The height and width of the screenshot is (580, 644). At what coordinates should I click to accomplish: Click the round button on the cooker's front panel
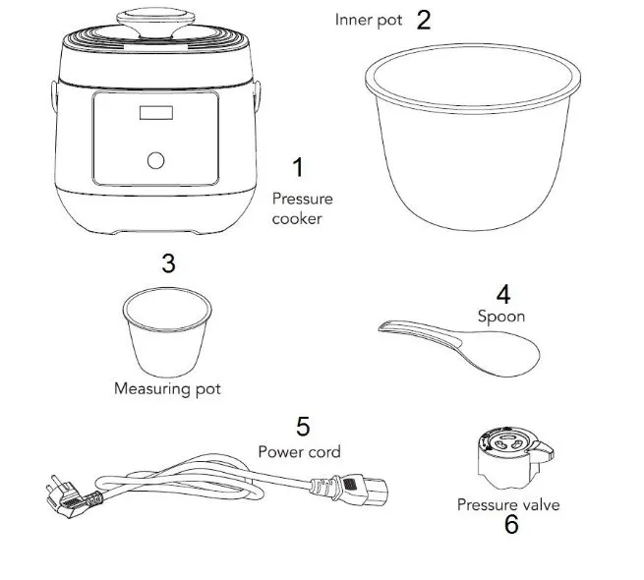155,160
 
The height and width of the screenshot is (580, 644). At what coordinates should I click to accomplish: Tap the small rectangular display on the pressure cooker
156,112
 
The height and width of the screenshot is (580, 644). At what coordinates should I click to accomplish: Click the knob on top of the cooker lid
155,23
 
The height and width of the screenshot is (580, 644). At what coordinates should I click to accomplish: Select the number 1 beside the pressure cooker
298,167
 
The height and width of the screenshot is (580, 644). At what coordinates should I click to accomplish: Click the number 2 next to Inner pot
424,20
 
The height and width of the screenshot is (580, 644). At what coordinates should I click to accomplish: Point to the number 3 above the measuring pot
168,263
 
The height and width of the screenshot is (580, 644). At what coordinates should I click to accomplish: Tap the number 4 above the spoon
503,294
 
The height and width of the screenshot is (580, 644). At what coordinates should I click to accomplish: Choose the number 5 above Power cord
303,427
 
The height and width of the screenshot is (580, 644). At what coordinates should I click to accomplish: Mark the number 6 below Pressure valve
511,525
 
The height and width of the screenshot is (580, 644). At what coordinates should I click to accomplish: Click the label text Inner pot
369,20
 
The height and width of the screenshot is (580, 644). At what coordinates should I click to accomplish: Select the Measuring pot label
167,388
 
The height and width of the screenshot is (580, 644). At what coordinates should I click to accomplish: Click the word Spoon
501,317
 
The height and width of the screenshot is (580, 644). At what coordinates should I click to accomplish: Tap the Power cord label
300,452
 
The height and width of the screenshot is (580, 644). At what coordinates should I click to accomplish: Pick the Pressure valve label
508,505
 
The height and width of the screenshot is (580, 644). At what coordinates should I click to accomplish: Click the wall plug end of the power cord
70,497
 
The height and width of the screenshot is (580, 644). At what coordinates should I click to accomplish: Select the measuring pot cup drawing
167,331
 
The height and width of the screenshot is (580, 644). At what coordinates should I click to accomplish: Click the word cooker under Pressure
297,218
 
